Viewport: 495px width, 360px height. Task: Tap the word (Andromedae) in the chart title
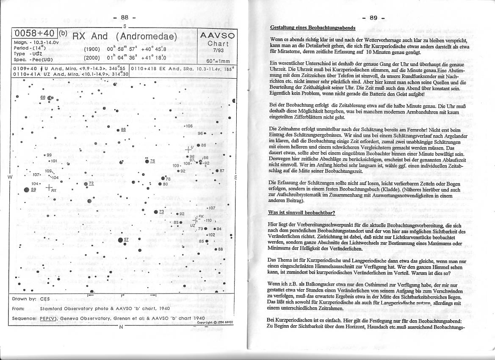pyautogui.click(x=146, y=36)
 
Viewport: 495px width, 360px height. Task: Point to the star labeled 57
pyautogui.click(x=120, y=240)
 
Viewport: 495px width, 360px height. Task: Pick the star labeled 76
pyautogui.click(x=147, y=161)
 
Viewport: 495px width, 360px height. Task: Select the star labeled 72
pyautogui.click(x=85, y=183)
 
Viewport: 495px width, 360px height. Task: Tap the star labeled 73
pyautogui.click(x=155, y=211)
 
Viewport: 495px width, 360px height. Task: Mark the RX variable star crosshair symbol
pyautogui.click(x=50, y=187)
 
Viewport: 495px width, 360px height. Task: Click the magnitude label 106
pyautogui.click(x=189, y=126)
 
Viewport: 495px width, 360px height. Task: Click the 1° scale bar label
pyautogui.click(x=122, y=295)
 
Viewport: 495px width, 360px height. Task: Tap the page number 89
pyautogui.click(x=373, y=18)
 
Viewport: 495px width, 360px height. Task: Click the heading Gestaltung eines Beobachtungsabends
pyautogui.click(x=312, y=28)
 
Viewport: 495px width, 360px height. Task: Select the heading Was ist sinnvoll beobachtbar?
pyautogui.click(x=301, y=212)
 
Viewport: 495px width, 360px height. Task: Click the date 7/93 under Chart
pyautogui.click(x=218, y=50)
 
